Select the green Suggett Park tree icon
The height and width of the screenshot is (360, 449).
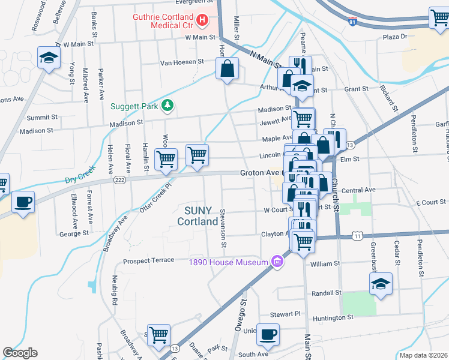click(168, 106)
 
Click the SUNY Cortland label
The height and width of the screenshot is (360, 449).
click(197, 215)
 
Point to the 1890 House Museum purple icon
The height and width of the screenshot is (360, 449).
click(277, 262)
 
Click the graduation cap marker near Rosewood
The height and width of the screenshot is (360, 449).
click(49, 58)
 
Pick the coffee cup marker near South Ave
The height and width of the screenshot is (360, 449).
click(268, 335)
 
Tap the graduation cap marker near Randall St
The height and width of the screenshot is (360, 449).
click(381, 284)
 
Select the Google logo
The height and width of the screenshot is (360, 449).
click(20, 353)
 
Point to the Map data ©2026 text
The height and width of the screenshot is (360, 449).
click(424, 355)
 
